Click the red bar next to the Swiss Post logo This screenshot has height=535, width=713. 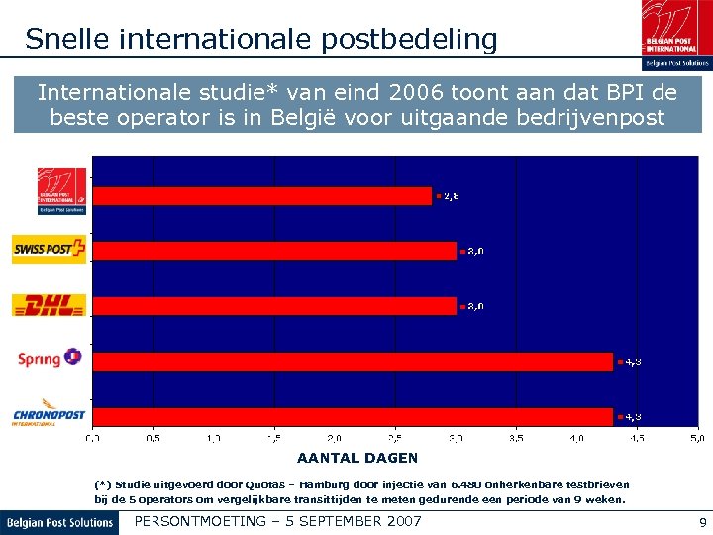pos(273,251)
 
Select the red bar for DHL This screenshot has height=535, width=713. pos(273,306)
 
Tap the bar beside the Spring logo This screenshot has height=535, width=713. pos(352,362)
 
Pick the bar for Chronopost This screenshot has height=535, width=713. pos(352,416)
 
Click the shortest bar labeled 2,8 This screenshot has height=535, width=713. pos(261,196)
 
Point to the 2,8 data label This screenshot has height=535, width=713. pos(451,196)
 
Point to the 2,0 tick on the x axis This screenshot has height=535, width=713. pos(334,437)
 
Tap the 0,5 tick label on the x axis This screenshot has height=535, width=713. pos(153,437)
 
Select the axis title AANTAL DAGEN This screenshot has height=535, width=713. pos(357,458)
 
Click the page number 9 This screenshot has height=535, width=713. pos(702,522)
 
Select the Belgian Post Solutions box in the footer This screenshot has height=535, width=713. pos(59,522)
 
